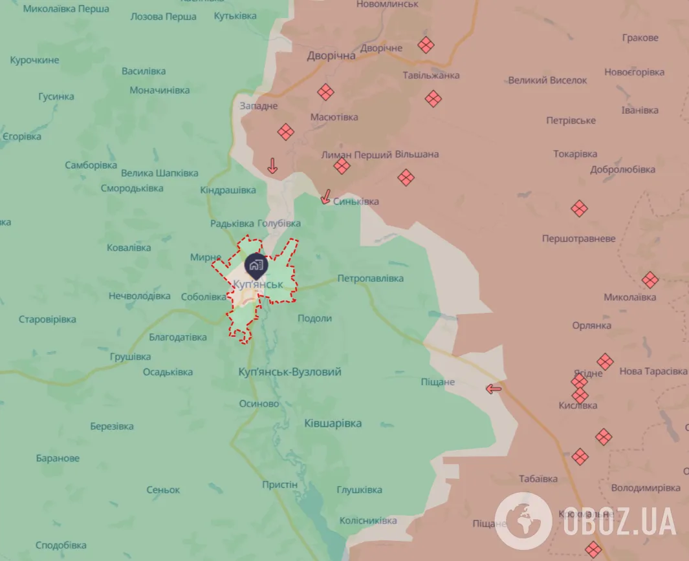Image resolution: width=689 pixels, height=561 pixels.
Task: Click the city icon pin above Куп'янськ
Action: [x=256, y=265]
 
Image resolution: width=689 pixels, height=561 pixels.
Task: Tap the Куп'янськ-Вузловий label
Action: [x=289, y=372]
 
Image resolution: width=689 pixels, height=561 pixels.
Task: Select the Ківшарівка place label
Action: [x=333, y=423]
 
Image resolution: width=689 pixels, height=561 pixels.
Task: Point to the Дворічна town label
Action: [x=331, y=56]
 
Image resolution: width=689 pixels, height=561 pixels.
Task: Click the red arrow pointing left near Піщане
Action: [x=494, y=388]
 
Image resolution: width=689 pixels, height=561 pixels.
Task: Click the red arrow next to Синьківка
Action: [x=327, y=196]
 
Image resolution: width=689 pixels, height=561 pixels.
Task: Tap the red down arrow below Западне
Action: [x=272, y=166]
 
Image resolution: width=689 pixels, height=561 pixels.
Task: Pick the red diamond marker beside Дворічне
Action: [x=425, y=45]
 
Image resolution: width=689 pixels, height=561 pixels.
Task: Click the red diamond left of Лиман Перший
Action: [x=342, y=167]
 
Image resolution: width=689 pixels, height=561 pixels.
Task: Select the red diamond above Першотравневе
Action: [x=579, y=209]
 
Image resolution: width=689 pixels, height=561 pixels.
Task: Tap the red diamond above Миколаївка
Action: [x=650, y=280]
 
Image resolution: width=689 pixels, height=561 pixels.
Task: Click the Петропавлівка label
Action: [x=370, y=279]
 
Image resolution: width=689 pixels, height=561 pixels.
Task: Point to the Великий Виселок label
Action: [x=547, y=81]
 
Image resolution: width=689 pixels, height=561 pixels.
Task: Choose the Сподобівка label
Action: [x=61, y=545]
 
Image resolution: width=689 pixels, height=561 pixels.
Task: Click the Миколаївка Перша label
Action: [x=66, y=9]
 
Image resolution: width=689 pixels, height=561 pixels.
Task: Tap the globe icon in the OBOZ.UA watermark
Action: [x=523, y=520]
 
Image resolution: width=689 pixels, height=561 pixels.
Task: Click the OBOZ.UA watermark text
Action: [x=619, y=521]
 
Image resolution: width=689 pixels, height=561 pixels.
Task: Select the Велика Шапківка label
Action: [x=159, y=173]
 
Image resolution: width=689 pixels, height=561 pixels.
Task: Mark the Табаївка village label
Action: [x=538, y=479]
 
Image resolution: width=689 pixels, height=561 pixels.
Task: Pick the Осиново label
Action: [x=259, y=403]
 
